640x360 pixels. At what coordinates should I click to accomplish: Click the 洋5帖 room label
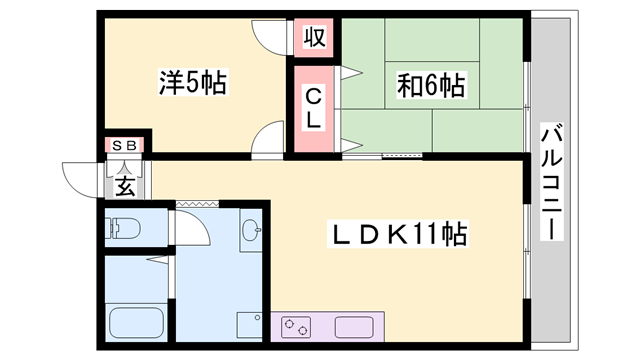pos(193,82)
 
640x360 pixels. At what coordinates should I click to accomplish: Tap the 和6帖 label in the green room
pos(431,85)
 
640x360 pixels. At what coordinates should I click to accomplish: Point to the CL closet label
pos(313,108)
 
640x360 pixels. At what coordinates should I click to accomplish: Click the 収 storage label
pos(314,38)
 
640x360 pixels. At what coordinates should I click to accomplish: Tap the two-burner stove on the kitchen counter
pos(298,327)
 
